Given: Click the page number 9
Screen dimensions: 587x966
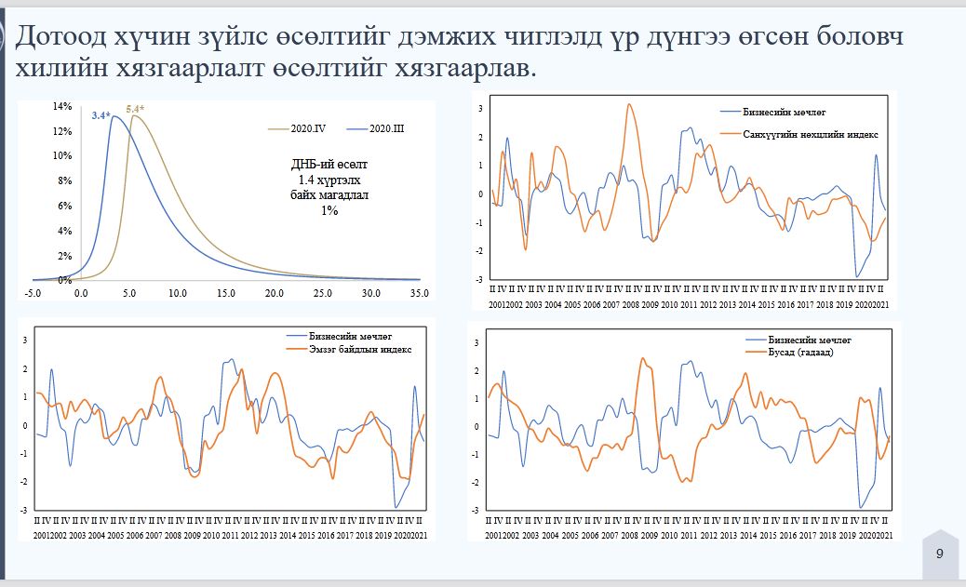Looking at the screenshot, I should click(939, 554).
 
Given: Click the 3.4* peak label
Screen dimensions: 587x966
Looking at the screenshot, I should click(101, 115).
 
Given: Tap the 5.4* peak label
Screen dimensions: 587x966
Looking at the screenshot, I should click(136, 110).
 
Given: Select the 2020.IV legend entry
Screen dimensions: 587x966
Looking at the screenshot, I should click(305, 127).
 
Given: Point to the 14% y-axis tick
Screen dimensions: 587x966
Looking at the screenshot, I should click(61, 106).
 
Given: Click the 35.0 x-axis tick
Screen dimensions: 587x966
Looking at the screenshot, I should click(420, 293).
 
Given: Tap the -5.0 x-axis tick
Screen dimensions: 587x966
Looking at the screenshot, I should click(32, 293).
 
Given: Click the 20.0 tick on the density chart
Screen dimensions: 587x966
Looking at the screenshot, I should click(274, 293).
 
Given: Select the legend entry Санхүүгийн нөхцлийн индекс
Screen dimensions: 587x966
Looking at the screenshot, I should click(811, 135).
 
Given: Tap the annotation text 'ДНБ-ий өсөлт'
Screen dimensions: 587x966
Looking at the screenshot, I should click(323, 165).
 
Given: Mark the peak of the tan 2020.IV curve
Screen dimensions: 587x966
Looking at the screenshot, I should click(133, 115).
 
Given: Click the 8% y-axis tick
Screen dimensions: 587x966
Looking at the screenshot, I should click(63, 180).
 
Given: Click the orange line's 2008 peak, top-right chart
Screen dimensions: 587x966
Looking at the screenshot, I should click(630, 104).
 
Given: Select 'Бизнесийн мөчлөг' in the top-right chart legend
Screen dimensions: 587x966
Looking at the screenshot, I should click(785, 112).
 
